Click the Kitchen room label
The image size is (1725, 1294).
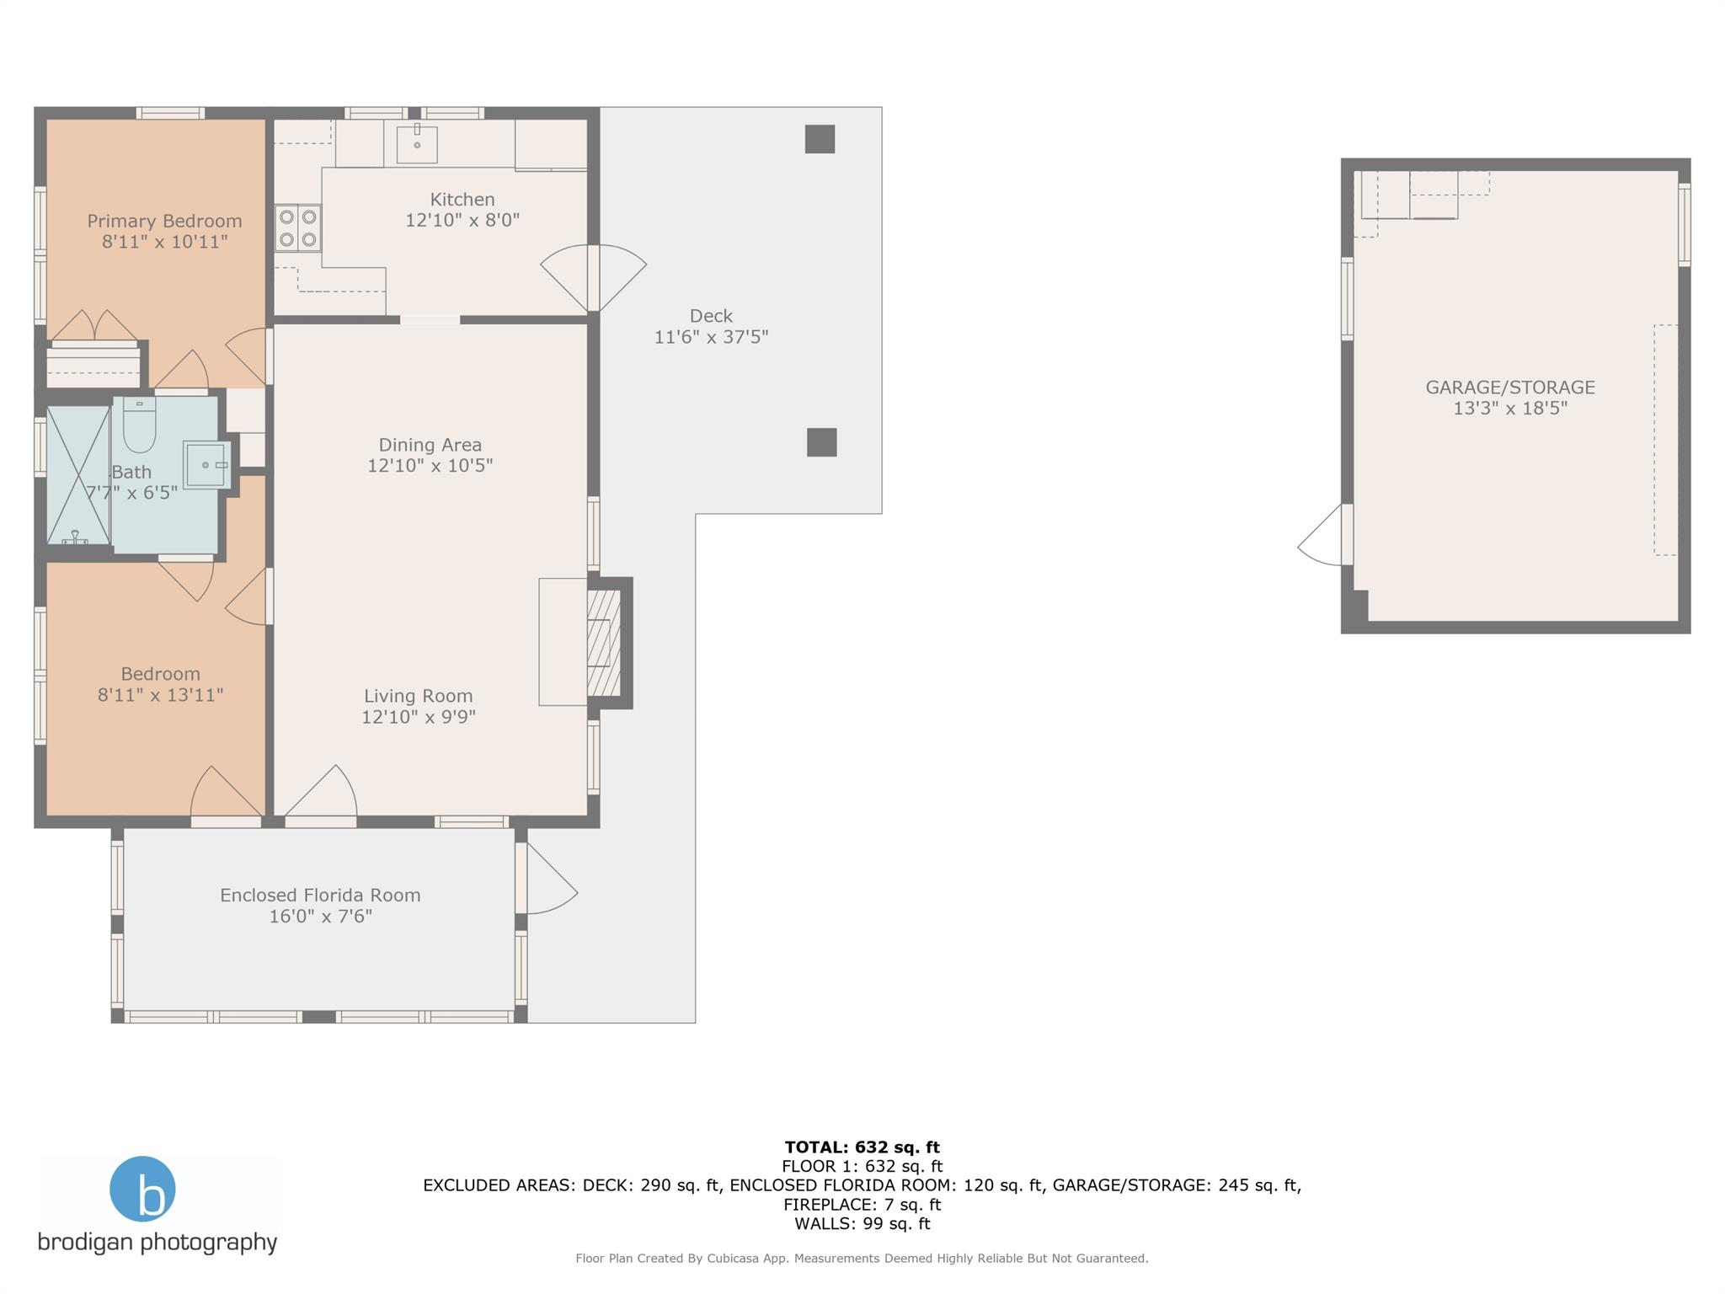462,200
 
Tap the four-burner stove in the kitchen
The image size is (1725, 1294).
298,228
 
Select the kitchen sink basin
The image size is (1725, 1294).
417,144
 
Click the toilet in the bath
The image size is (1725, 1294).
139,425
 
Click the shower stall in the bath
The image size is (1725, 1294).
78,475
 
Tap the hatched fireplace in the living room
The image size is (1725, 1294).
603,643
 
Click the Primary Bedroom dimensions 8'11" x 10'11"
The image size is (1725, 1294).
165,242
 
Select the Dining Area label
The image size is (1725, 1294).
430,445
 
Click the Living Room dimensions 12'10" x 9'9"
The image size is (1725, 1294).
419,717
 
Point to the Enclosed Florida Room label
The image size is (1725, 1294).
320,896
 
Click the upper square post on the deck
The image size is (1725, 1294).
820,139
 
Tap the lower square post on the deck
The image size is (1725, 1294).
822,442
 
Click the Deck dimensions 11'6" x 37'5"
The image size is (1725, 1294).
712,337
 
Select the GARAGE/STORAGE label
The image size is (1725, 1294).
1510,388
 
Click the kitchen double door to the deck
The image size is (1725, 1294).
593,278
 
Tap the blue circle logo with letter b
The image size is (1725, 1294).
142,1189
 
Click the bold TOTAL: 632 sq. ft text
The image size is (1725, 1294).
862,1147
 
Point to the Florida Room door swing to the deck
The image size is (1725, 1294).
547,879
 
